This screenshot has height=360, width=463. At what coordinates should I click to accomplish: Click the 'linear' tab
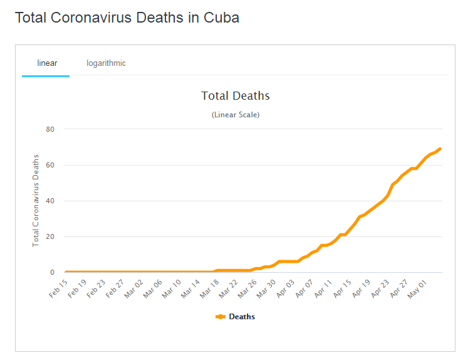pyautogui.click(x=47, y=63)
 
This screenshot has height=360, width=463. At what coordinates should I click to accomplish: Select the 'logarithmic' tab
pyautogui.click(x=106, y=63)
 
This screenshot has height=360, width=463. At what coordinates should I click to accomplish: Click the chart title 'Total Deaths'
pyautogui.click(x=235, y=96)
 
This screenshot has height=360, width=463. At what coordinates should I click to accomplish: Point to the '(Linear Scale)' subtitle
pyautogui.click(x=235, y=115)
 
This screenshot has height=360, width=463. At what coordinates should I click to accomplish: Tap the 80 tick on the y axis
pyautogui.click(x=51, y=129)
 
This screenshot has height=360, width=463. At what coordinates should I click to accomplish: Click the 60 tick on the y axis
pyautogui.click(x=51, y=165)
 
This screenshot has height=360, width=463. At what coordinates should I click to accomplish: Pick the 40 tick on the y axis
pyautogui.click(x=51, y=201)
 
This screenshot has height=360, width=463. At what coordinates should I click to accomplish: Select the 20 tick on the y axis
pyautogui.click(x=51, y=236)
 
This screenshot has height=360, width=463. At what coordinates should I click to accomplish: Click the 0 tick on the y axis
pyautogui.click(x=53, y=272)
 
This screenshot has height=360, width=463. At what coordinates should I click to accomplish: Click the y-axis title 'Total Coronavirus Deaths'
pyautogui.click(x=36, y=200)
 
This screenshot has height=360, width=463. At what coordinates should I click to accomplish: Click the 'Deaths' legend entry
pyautogui.click(x=241, y=317)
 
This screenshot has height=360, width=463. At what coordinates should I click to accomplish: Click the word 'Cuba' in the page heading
pyautogui.click(x=222, y=18)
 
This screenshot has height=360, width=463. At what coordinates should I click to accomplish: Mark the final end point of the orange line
pyautogui.click(x=440, y=149)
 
